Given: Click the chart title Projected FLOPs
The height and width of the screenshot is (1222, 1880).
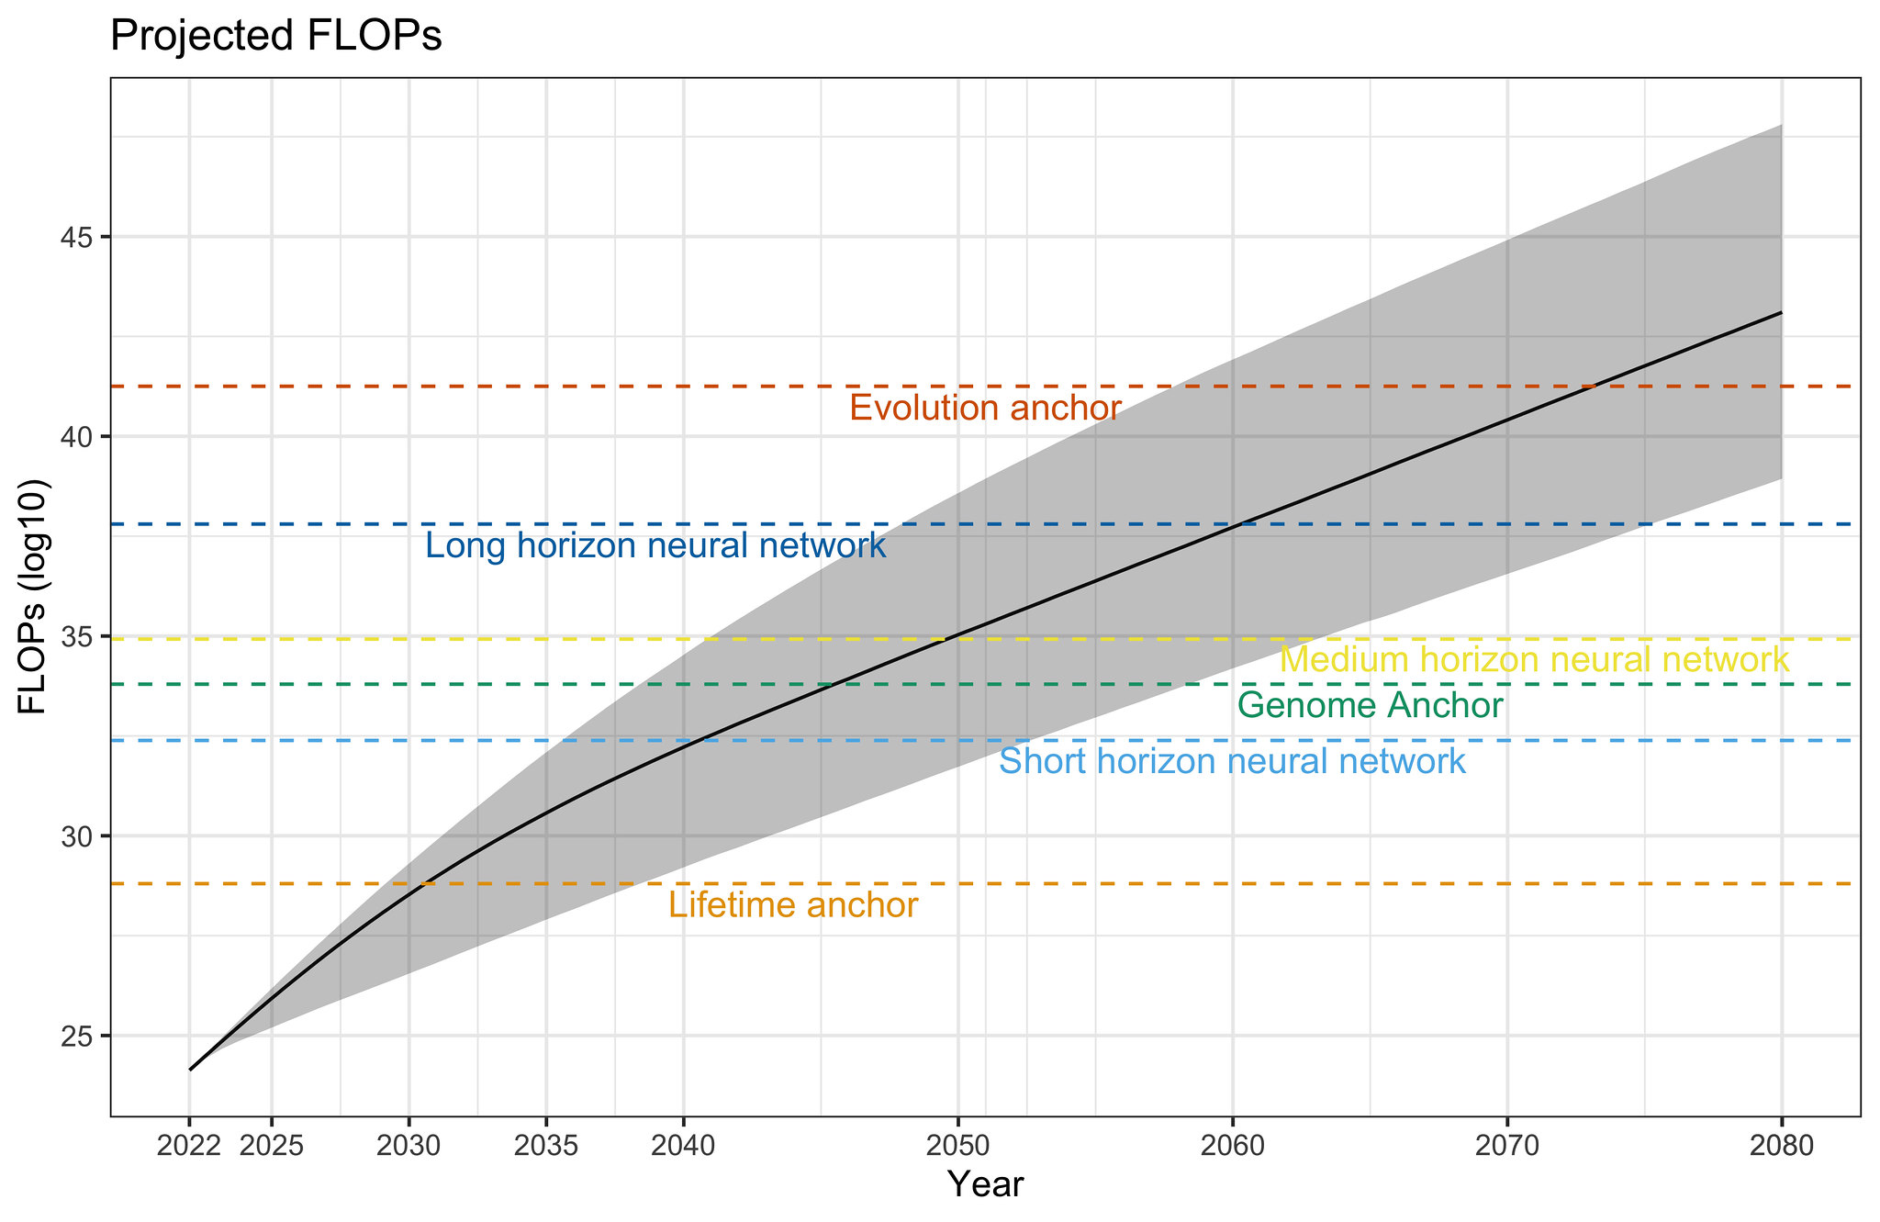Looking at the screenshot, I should [275, 37].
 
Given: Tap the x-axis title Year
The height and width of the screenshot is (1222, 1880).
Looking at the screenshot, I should [985, 1185].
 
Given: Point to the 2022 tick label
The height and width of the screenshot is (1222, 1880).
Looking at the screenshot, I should [189, 1147].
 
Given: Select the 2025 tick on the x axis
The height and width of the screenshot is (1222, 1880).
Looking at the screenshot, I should [271, 1147].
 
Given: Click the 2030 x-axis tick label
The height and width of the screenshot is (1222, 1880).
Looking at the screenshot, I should [408, 1147].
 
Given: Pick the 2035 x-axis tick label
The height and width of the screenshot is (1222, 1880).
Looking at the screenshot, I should [546, 1147].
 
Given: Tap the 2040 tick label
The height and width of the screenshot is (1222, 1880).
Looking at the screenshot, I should [683, 1147].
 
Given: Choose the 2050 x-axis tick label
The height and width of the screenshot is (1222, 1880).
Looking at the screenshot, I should [957, 1147].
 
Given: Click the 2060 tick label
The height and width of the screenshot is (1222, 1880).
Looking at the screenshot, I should [1232, 1147].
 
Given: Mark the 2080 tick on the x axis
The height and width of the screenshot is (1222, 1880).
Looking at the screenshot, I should [1781, 1147].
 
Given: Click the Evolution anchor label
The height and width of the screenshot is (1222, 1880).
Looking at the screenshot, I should [985, 409].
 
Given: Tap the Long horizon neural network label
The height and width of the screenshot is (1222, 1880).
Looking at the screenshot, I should [655, 547].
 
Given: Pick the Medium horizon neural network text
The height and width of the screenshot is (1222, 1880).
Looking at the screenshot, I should [1534, 660].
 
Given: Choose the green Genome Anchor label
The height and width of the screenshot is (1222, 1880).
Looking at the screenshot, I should [1370, 706].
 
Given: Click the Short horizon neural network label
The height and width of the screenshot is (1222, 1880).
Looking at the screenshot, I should [1232, 762].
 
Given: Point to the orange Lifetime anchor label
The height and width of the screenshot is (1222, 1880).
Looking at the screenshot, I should [792, 906].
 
